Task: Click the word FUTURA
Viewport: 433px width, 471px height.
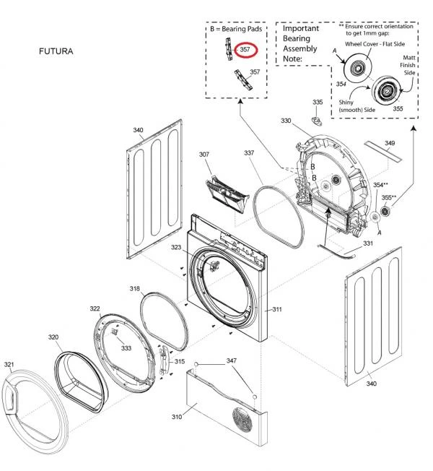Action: pos(55,52)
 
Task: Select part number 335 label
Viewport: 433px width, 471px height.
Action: pos(318,103)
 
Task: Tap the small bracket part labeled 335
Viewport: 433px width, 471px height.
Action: pos(316,119)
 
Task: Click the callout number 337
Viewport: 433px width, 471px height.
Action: pos(249,153)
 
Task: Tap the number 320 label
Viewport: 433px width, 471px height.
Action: pos(53,337)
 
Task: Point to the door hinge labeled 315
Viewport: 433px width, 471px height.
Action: pos(166,361)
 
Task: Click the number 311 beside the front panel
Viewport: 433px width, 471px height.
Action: pos(276,309)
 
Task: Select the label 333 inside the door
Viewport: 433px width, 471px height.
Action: pos(126,348)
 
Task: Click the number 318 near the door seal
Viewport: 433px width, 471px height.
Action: pos(135,288)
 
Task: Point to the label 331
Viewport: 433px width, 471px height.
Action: pos(368,243)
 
